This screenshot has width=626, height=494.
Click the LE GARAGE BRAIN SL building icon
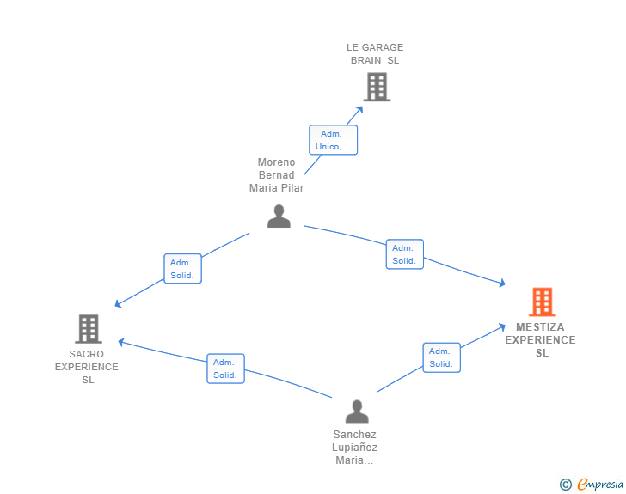coord(377,87)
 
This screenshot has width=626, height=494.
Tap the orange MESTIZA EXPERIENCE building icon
coord(542,302)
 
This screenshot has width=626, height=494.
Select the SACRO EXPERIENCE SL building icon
coord(89,329)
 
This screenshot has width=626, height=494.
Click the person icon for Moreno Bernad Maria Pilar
coord(279,216)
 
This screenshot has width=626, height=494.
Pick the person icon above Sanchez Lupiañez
coord(357,412)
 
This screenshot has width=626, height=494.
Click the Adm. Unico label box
coord(333,140)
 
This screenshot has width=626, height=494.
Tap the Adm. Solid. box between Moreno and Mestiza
coord(404,254)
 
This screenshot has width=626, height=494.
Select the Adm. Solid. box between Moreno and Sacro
coord(182,269)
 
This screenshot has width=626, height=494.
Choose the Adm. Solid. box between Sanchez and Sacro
coord(225,369)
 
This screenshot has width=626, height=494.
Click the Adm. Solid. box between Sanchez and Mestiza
coord(442,357)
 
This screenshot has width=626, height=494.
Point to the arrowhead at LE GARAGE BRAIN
coord(359,110)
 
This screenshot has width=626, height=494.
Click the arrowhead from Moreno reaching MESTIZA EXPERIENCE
coord(503,283)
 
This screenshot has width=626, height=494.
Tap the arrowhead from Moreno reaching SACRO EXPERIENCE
coord(118,304)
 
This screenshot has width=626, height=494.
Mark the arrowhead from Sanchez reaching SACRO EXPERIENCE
coord(121,342)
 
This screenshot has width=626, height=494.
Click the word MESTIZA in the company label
coord(540,327)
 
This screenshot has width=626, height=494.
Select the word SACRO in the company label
coord(86,354)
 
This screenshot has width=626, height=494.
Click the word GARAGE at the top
coord(383,47)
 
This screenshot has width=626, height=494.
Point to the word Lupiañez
coord(354,448)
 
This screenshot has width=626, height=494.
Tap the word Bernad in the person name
coord(276,174)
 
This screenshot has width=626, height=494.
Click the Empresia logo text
coord(600,484)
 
